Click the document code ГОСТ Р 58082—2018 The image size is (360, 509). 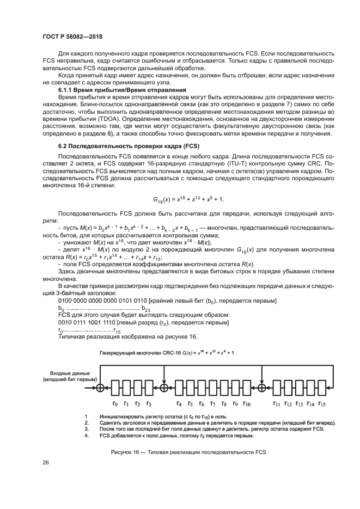[72, 36]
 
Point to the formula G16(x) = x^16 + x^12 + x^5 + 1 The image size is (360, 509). [185, 200]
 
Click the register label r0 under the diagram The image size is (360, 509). [114, 404]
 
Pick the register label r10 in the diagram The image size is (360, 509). [246, 404]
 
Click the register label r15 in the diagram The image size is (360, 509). [322, 404]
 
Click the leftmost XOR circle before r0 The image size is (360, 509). [100, 387]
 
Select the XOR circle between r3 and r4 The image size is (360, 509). [164, 387]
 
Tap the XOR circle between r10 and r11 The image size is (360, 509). [262, 387]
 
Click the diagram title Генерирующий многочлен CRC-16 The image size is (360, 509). [144, 353]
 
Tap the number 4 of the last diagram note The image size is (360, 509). [86, 435]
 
